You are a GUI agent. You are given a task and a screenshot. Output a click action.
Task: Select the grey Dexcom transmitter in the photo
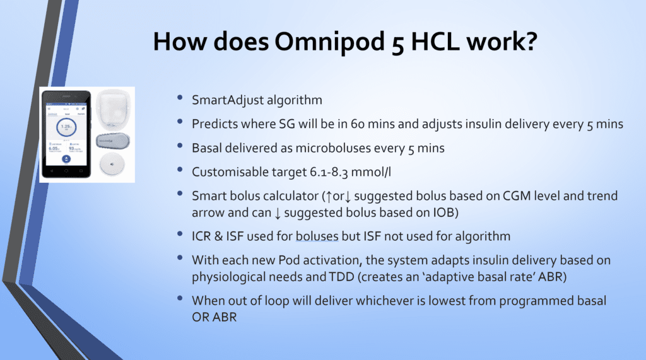coord(114,140)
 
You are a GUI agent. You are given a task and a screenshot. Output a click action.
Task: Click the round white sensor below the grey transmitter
coord(114,165)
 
